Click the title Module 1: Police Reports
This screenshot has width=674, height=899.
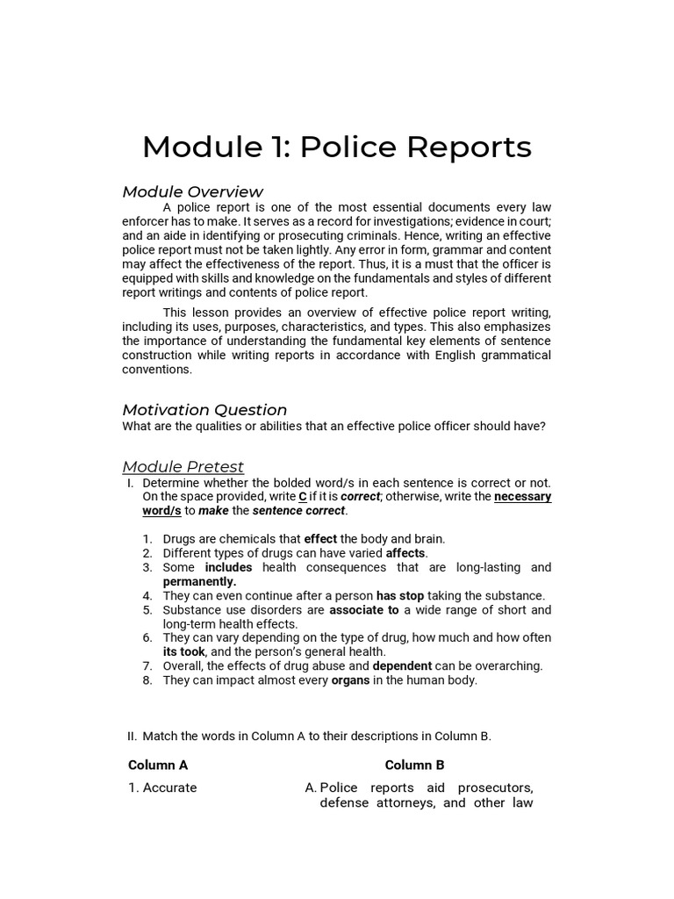click(337, 147)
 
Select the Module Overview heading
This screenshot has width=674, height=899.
click(192, 191)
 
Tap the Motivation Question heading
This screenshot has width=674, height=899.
click(204, 410)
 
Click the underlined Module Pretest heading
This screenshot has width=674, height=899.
click(183, 466)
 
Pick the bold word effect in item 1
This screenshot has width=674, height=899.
click(320, 539)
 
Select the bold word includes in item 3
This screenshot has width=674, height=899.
click(228, 567)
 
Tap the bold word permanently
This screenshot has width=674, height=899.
click(199, 581)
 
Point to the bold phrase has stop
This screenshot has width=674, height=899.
click(400, 595)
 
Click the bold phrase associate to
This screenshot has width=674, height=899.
click(363, 609)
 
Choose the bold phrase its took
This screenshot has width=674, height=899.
click(184, 651)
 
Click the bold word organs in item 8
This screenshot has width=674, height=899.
click(350, 680)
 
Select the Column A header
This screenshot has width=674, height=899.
click(158, 765)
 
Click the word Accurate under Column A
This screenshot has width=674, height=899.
click(169, 788)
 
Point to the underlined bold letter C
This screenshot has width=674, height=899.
click(303, 497)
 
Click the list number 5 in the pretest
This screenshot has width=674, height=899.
click(147, 609)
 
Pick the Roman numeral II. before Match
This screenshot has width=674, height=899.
click(133, 737)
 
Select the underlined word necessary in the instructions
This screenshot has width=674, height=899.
click(523, 497)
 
